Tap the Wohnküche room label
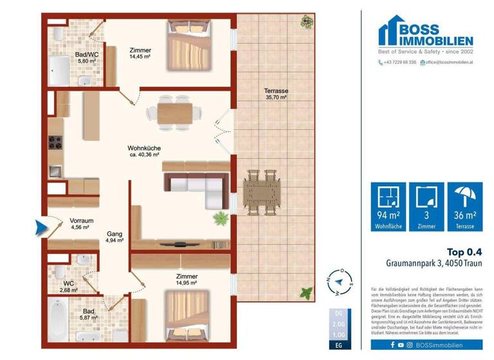[144, 152]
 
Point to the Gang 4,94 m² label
[114, 237]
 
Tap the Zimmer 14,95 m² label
[187, 279]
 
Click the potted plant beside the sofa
[221, 217]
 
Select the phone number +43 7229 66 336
[398, 62]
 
